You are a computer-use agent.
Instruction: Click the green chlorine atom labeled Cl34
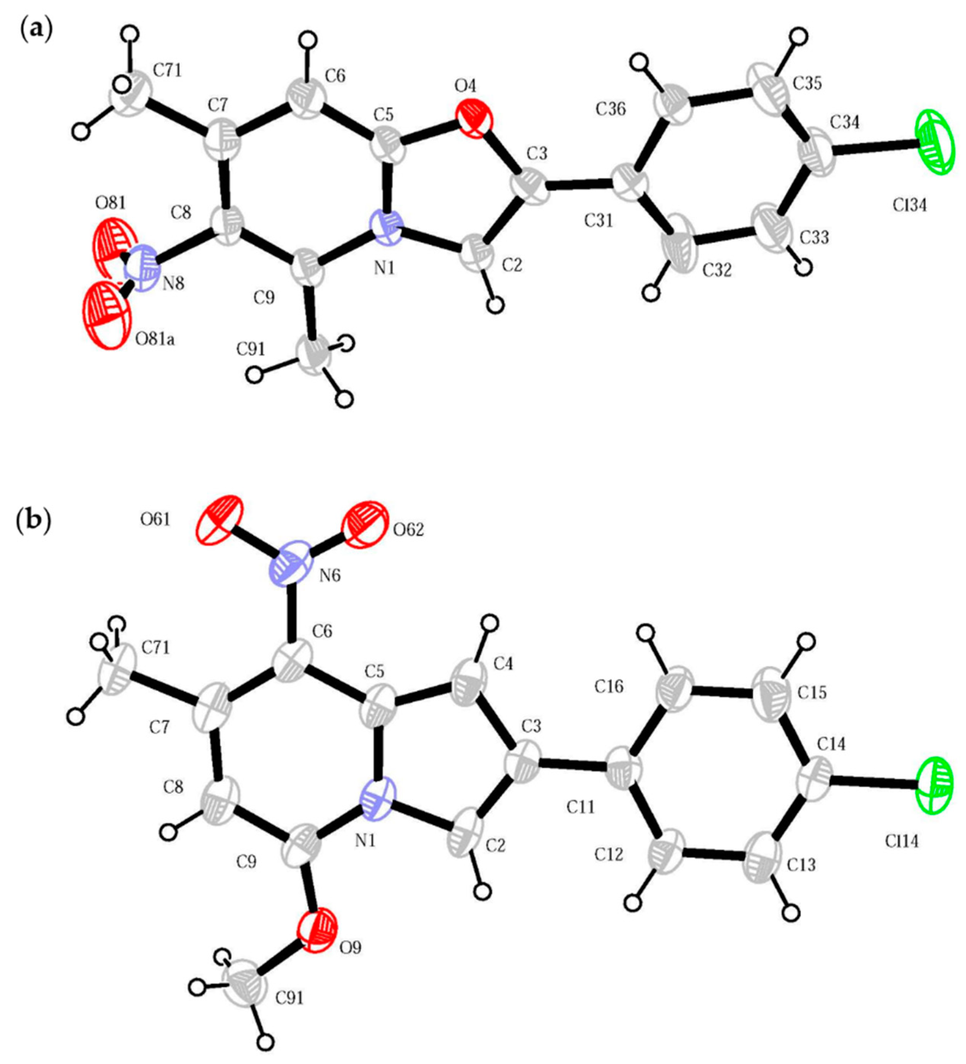click(x=938, y=141)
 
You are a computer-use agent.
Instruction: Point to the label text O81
click(x=110, y=203)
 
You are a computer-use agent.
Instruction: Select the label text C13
click(x=801, y=865)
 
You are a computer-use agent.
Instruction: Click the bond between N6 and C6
click(x=290, y=615)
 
